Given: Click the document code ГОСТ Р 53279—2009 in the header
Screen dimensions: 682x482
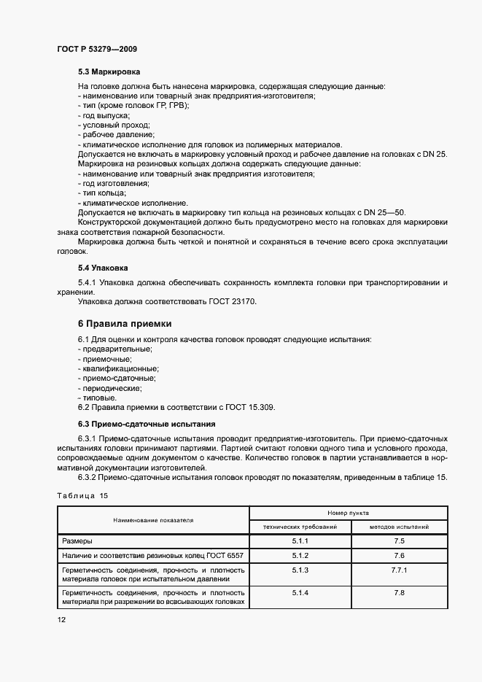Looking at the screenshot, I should pyautogui.click(x=97, y=49).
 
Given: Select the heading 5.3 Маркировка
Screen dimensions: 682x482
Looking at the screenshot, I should pyautogui.click(x=109, y=72).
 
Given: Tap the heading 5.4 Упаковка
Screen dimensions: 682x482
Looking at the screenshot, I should pyautogui.click(x=103, y=268).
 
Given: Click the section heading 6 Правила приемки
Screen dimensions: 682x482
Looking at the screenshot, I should pyautogui.click(x=124, y=323).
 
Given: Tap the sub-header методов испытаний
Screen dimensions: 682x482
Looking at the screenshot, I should pyautogui.click(x=399, y=526).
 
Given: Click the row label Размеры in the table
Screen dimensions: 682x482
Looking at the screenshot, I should pyautogui.click(x=77, y=541).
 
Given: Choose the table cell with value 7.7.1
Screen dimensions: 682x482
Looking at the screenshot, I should pyautogui.click(x=399, y=569).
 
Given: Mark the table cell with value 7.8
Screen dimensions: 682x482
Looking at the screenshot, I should pyautogui.click(x=399, y=593).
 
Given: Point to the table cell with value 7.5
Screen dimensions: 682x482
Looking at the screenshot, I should pyautogui.click(x=399, y=541).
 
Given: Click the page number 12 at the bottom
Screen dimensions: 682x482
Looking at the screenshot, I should pyautogui.click(x=62, y=619).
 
